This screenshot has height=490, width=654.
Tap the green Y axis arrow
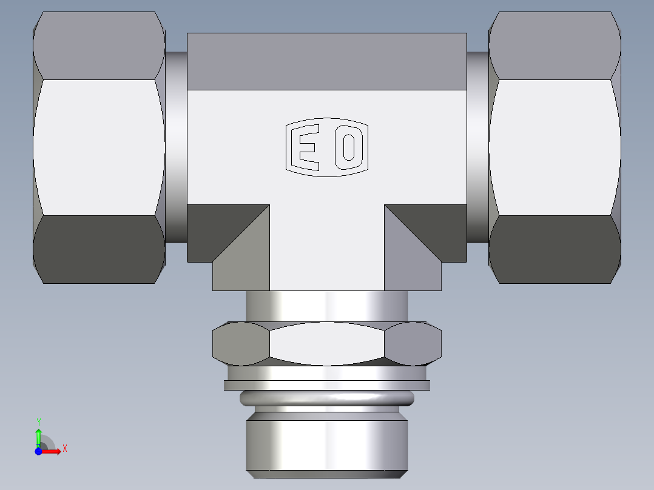[x=38, y=435]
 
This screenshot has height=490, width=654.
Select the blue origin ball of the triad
[x=38, y=451]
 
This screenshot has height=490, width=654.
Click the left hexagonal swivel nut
[x=99, y=147]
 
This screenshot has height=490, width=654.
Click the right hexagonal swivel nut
[x=555, y=147]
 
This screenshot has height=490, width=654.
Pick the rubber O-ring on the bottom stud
[x=327, y=398]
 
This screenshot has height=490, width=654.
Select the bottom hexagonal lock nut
[x=327, y=344]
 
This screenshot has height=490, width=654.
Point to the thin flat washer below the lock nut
[x=327, y=385]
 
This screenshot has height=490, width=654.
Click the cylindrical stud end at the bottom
[x=327, y=443]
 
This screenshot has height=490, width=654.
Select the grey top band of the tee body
[x=327, y=61]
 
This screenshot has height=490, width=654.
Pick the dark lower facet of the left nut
[x=99, y=249]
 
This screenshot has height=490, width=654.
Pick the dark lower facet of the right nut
[x=555, y=249]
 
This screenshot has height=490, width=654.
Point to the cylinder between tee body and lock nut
[x=327, y=306]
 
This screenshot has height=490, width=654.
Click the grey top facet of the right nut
[x=555, y=46]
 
